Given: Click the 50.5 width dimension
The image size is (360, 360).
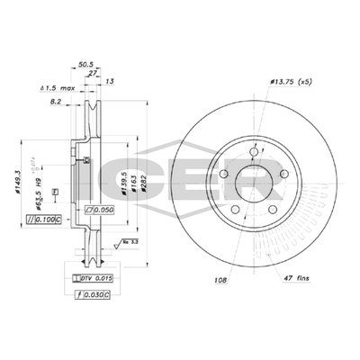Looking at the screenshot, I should click(x=86, y=64).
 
